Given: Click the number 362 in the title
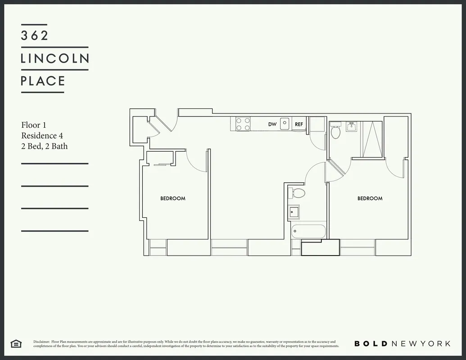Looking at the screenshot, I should [x=34, y=36].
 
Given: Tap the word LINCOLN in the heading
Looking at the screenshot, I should [x=55, y=58].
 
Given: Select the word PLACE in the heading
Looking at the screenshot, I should [x=43, y=81].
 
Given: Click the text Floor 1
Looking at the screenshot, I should [x=34, y=125].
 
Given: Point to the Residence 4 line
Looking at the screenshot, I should [x=39, y=135].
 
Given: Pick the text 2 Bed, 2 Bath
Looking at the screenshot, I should [x=44, y=146].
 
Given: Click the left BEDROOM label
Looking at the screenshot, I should [x=173, y=198].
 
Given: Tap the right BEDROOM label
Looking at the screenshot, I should [x=370, y=198].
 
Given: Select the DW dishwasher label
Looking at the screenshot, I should [x=272, y=124].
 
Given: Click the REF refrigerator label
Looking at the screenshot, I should [x=299, y=124].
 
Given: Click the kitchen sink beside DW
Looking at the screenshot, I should [x=285, y=123].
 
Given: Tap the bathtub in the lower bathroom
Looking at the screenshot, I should [x=308, y=231].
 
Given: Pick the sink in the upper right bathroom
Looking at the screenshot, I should [x=352, y=128].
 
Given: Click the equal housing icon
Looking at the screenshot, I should [x=16, y=344].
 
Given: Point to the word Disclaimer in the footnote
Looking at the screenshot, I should [x=41, y=342].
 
